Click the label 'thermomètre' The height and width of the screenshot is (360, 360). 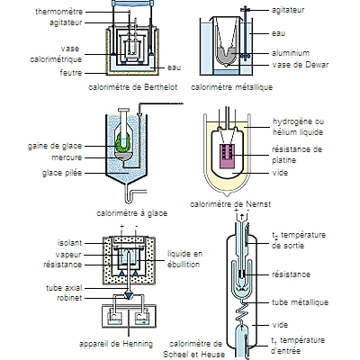coord(58,12)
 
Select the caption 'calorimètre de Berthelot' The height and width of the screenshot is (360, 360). coord(133,87)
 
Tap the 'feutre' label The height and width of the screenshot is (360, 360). coord(71,73)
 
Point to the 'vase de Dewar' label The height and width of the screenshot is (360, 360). coord(301,65)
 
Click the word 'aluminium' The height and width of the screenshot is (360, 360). coord(291,53)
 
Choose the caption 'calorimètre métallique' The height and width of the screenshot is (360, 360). coord(231,87)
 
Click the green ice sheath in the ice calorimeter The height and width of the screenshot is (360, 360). coord(123,142)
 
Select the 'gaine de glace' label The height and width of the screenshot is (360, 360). coord(55,146)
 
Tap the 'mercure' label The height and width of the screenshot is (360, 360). coord(67,157)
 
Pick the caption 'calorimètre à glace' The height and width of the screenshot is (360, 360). coord(131,213)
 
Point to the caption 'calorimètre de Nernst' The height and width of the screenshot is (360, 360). coord(230,204)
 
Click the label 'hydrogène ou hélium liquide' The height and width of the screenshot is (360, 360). coord(298,127)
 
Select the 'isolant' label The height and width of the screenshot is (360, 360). coord(69,243)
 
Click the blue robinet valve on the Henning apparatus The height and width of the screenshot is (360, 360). coord(129,295)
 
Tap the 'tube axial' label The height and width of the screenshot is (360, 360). coord(64,288)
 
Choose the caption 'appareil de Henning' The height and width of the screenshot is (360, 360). coord(116,344)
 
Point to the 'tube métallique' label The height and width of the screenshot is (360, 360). coord(300,302)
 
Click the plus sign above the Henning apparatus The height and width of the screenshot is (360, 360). coord(121,226)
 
